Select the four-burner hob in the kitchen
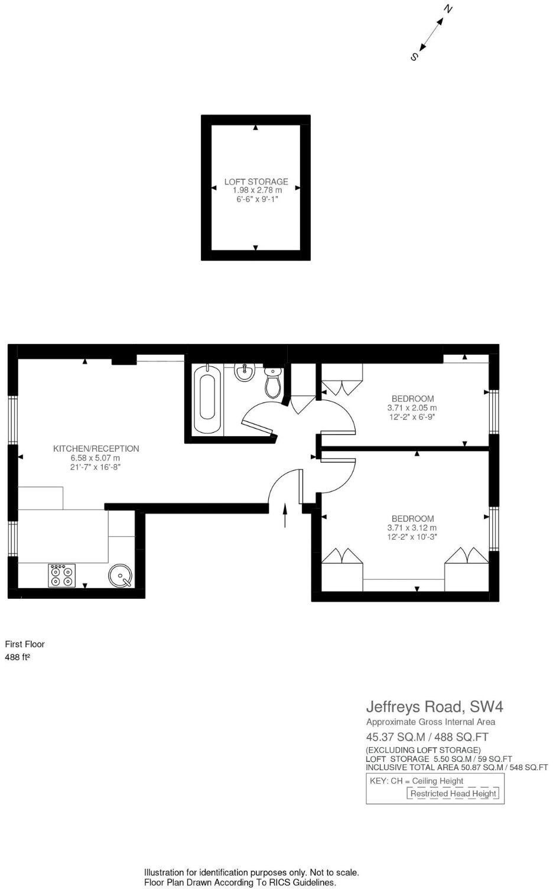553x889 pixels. coord(61,575)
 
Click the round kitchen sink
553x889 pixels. coord(121,576)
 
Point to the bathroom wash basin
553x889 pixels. coord(244,372)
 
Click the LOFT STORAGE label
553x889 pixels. coord(256,181)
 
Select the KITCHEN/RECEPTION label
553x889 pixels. coord(96,449)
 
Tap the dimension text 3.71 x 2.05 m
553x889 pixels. coord(412,408)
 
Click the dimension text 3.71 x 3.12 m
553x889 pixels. coord(412,528)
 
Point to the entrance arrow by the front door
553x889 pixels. coord(285,515)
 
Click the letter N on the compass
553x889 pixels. coord(449,9)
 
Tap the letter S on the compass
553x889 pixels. coord(414,57)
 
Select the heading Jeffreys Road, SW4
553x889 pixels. coord(434,706)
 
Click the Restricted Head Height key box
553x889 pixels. coord(453,794)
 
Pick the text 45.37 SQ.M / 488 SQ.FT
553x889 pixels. coord(427,737)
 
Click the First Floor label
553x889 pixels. coord(25,644)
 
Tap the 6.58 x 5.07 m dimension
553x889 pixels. coord(95,458)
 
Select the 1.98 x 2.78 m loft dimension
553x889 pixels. coord(256,190)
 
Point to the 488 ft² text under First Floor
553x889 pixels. coord(17,657)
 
